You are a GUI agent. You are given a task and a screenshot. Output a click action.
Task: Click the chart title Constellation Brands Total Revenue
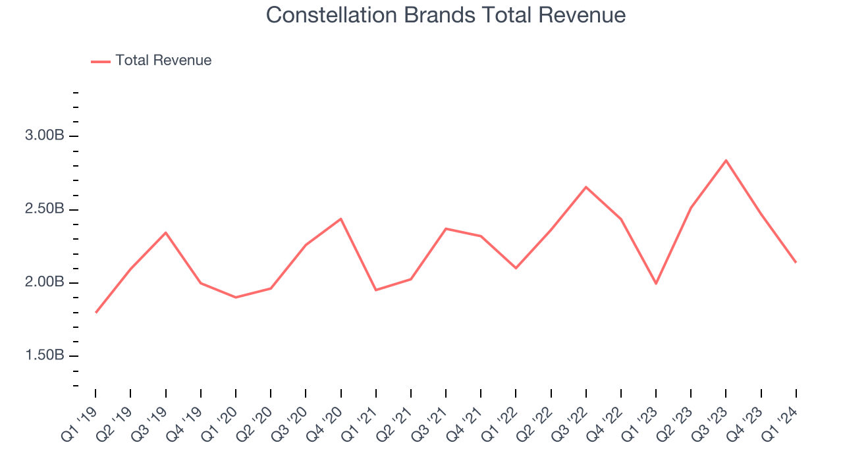click(446, 14)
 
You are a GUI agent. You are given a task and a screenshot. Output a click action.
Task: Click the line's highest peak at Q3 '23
click(726, 160)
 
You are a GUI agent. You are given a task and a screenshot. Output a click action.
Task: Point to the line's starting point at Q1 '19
click(96, 313)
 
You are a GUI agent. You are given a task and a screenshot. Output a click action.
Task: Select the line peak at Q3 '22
click(585, 187)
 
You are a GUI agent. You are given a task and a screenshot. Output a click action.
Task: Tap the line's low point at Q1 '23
click(656, 284)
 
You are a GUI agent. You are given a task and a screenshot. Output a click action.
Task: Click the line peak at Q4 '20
click(340, 219)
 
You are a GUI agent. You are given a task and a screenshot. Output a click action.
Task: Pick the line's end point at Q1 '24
click(796, 262)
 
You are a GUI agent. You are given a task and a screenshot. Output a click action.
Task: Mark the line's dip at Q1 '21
click(376, 290)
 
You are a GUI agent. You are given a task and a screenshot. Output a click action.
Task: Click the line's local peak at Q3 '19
click(166, 232)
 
